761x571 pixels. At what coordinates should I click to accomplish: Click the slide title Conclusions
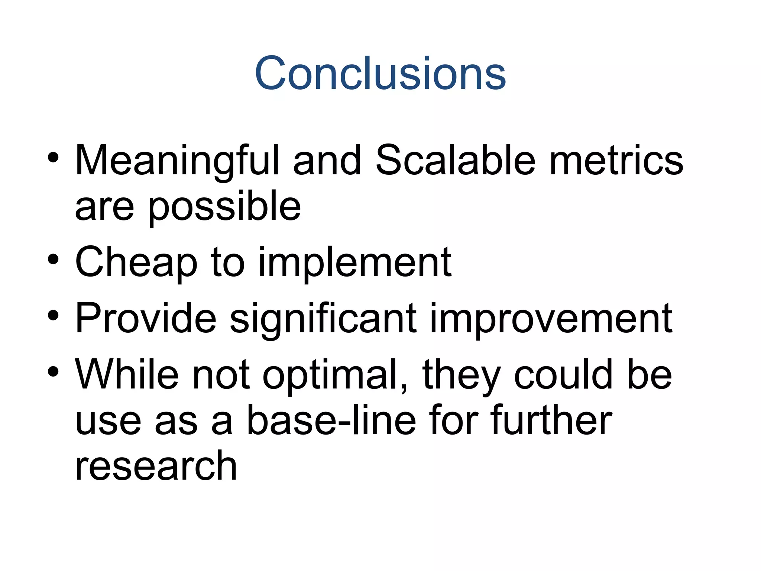[380, 73]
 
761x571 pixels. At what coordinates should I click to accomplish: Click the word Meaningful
[177, 160]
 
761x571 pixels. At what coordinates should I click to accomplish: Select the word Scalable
[455, 160]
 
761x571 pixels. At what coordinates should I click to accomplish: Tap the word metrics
[616, 160]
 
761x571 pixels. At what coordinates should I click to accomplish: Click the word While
[127, 375]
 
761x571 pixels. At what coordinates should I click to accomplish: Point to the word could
[563, 375]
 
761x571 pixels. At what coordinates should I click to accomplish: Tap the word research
[156, 467]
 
